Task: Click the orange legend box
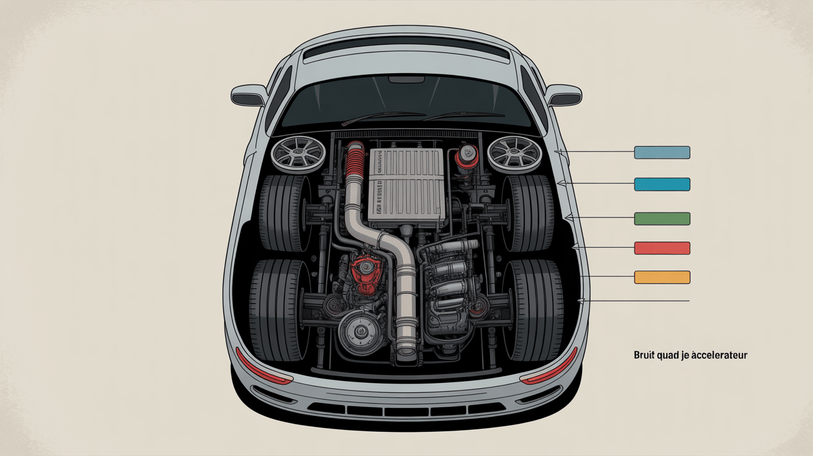[x=662, y=277]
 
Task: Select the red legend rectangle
[x=662, y=248]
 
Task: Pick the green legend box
[x=662, y=218]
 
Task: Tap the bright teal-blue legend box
[x=662, y=184]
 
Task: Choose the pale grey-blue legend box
[x=662, y=152]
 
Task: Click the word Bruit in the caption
[x=644, y=356]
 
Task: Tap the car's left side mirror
[x=248, y=95]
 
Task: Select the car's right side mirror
[x=564, y=95]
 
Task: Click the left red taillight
[x=263, y=369]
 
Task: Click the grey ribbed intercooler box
[x=406, y=186]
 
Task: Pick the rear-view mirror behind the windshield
[x=406, y=79]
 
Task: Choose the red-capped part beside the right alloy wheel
[x=467, y=159]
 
